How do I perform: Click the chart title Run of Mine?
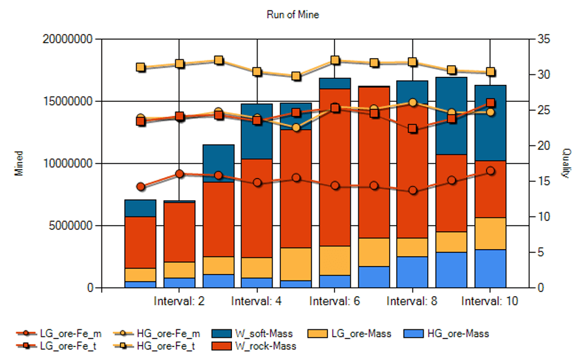coord(293,14)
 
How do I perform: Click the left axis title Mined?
coord(20,164)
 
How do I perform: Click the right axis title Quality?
coord(566,163)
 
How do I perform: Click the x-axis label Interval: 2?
coord(179,301)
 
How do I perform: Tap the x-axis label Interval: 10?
coord(490,301)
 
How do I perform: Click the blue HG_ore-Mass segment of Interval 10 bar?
coord(490,269)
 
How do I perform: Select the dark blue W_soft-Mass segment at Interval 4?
coord(257,130)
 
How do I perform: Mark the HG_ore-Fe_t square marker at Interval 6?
coord(335,61)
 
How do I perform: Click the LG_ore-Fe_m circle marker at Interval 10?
coord(490,171)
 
